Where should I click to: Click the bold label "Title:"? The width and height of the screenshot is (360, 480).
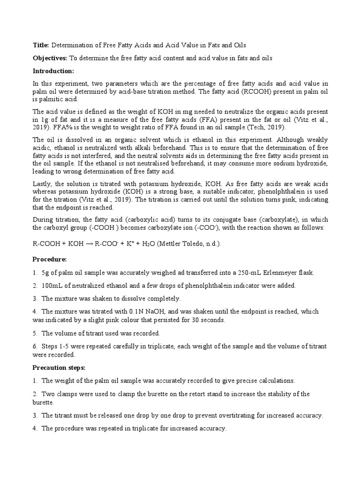[x=40, y=45]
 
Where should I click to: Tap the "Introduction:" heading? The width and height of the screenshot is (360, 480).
[x=53, y=71]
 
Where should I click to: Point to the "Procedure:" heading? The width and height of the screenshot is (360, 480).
[x=49, y=259]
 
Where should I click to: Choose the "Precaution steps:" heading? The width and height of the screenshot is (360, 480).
[x=59, y=368]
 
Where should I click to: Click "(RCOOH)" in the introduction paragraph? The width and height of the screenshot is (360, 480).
[x=255, y=92]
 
